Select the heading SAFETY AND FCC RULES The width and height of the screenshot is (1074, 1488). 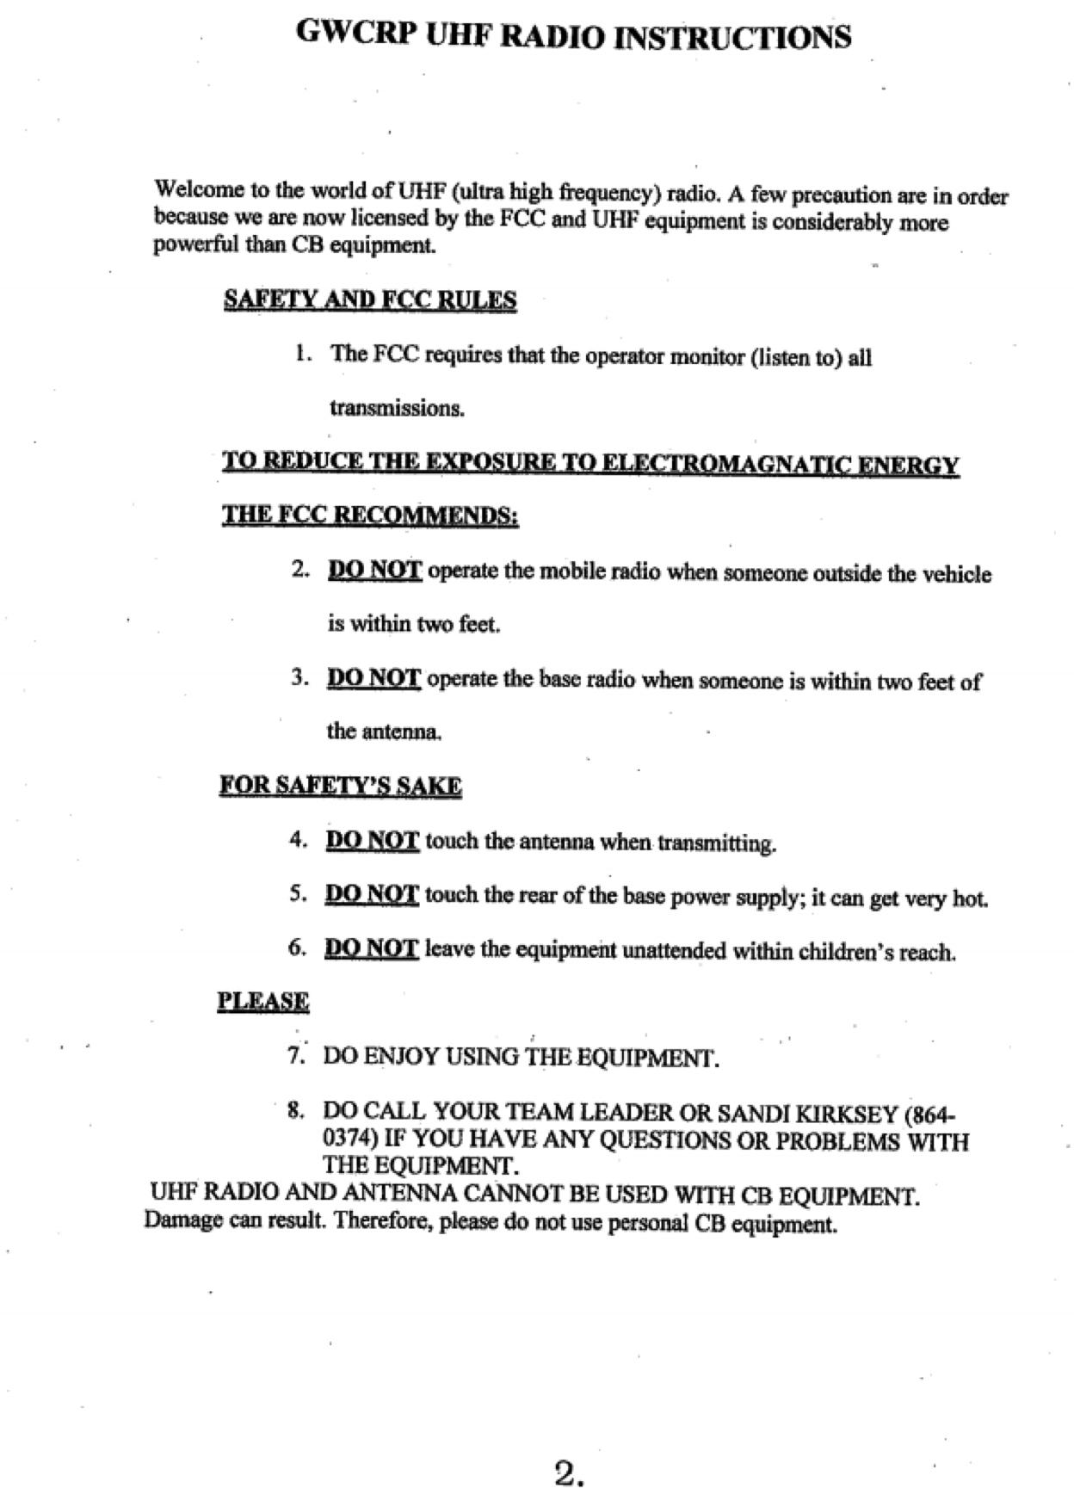370,300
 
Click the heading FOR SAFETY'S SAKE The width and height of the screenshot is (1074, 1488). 341,786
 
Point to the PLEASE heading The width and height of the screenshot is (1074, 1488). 263,1001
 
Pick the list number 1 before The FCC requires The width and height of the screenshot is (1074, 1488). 301,353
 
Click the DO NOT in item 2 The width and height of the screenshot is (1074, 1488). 374,571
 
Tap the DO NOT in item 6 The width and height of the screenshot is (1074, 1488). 371,948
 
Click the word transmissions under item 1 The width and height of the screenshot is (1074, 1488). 397,408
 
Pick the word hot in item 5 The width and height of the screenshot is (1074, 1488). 970,899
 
